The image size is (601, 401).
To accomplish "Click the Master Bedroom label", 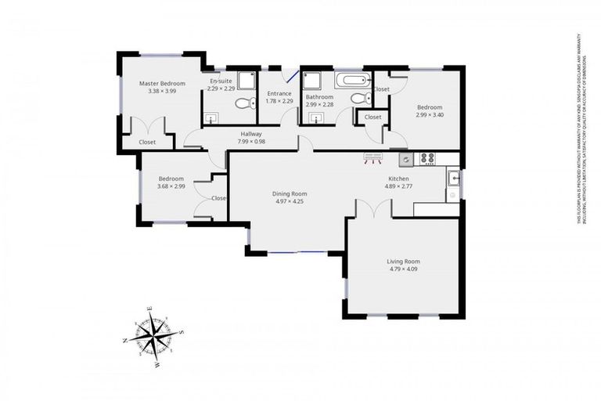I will point(162,83).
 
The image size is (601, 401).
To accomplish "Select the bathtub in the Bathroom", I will point(353,79).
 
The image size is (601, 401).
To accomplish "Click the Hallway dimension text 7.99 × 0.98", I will point(251,142).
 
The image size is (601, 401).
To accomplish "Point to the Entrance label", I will point(279,93).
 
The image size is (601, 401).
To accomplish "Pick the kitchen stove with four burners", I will point(428,158).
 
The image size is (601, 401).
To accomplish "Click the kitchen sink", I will point(453,178).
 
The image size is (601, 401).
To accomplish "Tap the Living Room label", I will point(403,262).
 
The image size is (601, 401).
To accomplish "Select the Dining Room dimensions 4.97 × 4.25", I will point(289,201).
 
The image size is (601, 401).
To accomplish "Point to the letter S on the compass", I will point(183,332).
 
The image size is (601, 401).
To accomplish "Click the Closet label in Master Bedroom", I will point(147,142).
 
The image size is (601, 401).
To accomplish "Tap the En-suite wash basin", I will point(211,118).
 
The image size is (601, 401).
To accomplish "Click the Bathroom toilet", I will point(358,99).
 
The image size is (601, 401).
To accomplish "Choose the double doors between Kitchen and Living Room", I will point(372,208).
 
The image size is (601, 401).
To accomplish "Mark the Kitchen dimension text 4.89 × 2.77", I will point(397,186).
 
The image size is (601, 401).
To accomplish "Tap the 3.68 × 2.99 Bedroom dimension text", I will point(171,186).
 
